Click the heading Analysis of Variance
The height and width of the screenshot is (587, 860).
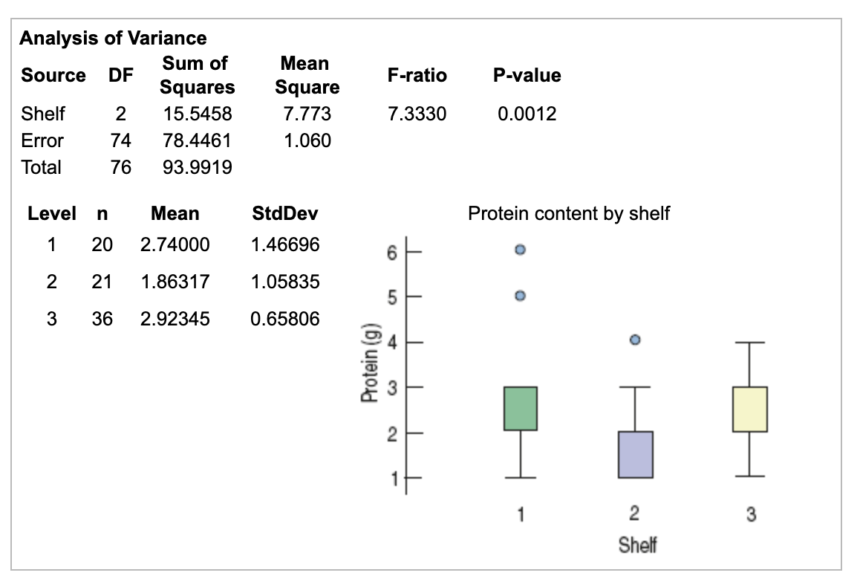point(113,38)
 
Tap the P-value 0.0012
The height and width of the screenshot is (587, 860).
point(527,114)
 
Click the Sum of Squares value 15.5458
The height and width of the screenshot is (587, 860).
point(197,114)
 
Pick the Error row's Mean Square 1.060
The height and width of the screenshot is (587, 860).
point(307,140)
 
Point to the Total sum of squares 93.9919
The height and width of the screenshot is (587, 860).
point(197,168)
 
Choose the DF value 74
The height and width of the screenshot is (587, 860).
point(120,140)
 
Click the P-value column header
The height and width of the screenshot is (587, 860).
point(527,75)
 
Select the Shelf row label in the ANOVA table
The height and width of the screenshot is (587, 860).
point(43,114)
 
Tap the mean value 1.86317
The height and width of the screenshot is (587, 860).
point(175,282)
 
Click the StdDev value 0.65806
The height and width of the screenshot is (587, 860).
point(285,319)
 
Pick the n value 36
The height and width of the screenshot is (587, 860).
point(102,319)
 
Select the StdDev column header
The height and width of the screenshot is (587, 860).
point(285,214)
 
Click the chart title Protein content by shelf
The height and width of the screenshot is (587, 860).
point(568,214)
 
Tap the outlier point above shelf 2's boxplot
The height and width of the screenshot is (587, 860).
point(635,340)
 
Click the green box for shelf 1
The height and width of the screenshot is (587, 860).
point(520,408)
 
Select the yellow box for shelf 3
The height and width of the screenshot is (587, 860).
point(749,409)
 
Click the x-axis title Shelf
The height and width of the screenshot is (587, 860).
point(637,545)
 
